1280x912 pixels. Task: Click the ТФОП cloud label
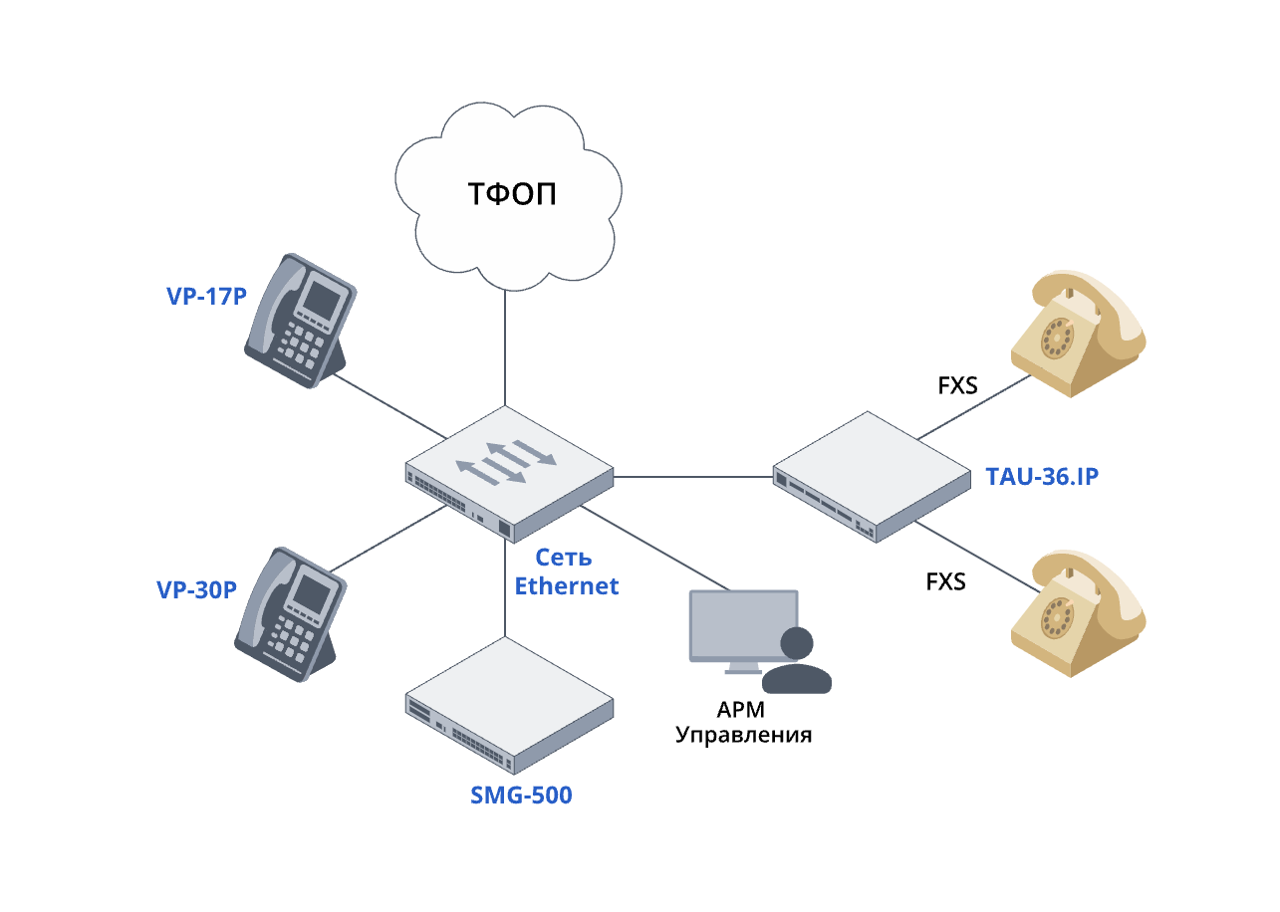tap(512, 193)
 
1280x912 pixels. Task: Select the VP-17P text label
tap(206, 296)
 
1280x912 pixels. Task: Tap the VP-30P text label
tap(196, 589)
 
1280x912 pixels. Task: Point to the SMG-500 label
tap(521, 796)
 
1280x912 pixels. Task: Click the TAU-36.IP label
tap(1042, 477)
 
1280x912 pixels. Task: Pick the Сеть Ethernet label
tap(566, 571)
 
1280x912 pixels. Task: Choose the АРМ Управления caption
tap(743, 723)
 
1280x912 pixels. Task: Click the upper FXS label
tap(957, 385)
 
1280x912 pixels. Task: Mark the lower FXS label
tap(945, 581)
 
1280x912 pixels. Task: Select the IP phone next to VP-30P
tap(289, 612)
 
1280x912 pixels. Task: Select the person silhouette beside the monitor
tap(797, 662)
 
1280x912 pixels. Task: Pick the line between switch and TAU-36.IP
tap(692, 477)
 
